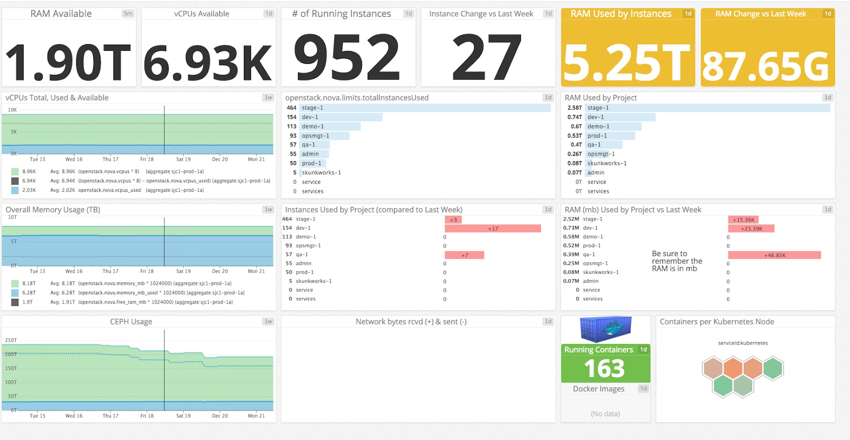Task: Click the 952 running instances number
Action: (x=347, y=57)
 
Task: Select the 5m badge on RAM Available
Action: (x=128, y=14)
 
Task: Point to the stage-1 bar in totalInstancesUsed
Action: (x=424, y=108)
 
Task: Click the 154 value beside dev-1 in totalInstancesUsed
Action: (x=292, y=117)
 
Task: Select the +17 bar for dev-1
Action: (x=493, y=229)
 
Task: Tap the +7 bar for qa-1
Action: (x=464, y=255)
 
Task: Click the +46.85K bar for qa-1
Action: (x=774, y=255)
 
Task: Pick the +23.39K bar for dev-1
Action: (x=751, y=229)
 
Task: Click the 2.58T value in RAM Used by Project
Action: (x=575, y=108)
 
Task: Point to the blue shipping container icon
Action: (x=605, y=329)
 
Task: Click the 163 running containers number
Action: (x=605, y=369)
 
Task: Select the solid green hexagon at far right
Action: (x=773, y=369)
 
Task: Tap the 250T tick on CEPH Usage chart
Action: (x=11, y=341)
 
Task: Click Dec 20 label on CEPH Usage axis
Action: (x=220, y=416)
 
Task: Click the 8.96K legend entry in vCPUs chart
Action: (x=29, y=172)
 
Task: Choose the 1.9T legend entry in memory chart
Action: (x=28, y=302)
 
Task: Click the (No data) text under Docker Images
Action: (x=605, y=414)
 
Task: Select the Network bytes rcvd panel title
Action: (x=411, y=322)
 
